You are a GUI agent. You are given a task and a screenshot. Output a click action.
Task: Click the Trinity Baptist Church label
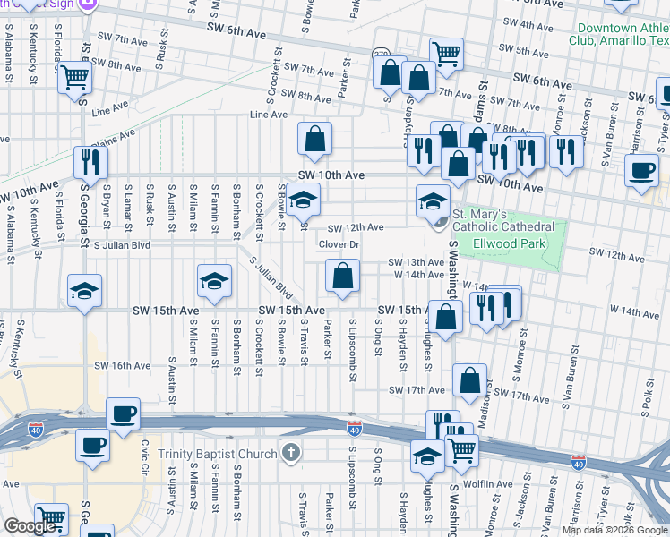point(218,454)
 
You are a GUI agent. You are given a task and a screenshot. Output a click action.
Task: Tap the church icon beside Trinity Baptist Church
point(290,453)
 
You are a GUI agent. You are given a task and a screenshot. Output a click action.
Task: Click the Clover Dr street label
point(339,244)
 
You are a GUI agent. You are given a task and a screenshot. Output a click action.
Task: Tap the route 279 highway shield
point(381,54)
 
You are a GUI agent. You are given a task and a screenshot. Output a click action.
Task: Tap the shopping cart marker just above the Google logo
point(51,517)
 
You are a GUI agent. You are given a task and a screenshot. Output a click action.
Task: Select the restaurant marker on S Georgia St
point(90,161)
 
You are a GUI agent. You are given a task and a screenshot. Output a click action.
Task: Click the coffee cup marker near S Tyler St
point(641,169)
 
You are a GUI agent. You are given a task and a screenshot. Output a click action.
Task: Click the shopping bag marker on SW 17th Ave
point(469,379)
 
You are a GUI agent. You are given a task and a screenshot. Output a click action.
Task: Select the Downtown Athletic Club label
point(619,34)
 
